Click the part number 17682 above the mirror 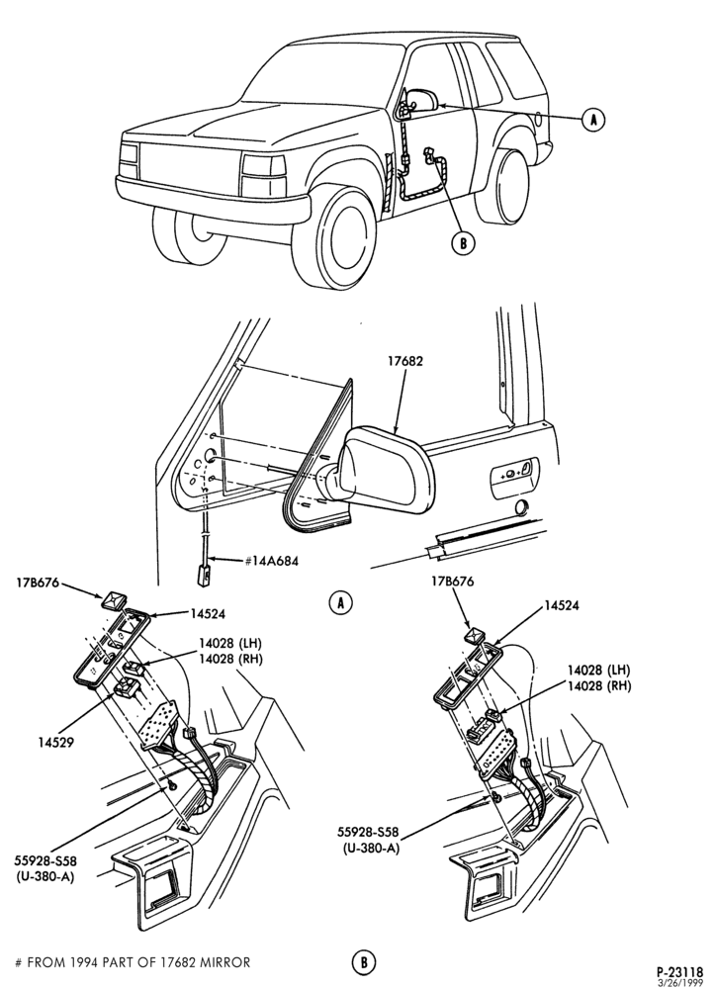pyautogui.click(x=405, y=361)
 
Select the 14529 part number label pyautogui.click(x=56, y=743)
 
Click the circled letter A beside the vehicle pyautogui.click(x=592, y=119)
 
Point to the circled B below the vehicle pyautogui.click(x=463, y=243)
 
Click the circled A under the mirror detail pyautogui.click(x=340, y=603)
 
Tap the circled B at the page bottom pyautogui.click(x=363, y=962)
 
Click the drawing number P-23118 pyautogui.click(x=680, y=972)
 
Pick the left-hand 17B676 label pyautogui.click(x=38, y=583)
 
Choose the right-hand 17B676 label pyautogui.click(x=454, y=581)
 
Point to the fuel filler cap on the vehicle pyautogui.click(x=537, y=118)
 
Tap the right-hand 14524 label pyautogui.click(x=562, y=605)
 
